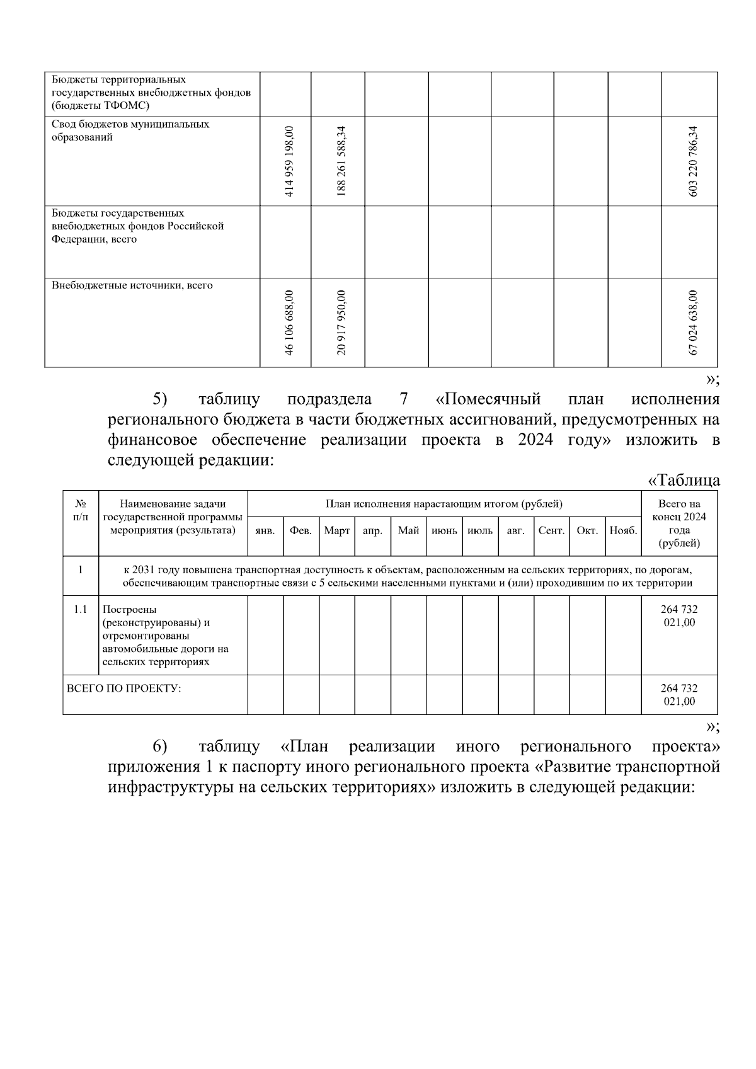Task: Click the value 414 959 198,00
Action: click(x=289, y=161)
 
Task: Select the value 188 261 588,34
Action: click(x=341, y=161)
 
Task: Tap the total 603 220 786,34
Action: click(x=694, y=161)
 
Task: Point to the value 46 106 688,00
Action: click(x=289, y=323)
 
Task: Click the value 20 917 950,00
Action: click(x=341, y=323)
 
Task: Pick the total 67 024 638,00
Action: click(x=694, y=323)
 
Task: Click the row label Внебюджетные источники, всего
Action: click(x=132, y=285)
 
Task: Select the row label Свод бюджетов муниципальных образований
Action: click(x=130, y=131)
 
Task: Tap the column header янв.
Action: click(x=265, y=531)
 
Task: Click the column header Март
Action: click(x=336, y=531)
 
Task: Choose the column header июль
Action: click(x=480, y=531)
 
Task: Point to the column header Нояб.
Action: click(x=623, y=531)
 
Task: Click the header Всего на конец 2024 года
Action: click(x=679, y=523)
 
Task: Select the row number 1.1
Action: click(x=81, y=609)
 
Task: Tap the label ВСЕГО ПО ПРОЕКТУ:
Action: click(x=123, y=688)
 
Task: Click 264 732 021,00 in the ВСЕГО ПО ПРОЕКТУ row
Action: click(x=679, y=694)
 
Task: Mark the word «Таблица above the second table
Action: click(x=684, y=480)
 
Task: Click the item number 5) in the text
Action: click(x=159, y=399)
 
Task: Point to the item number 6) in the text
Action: click(x=159, y=746)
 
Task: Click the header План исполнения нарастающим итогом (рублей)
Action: click(x=444, y=503)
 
